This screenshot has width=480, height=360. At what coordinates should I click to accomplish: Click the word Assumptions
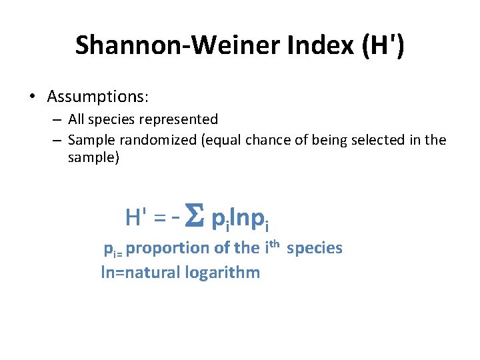pos(97,97)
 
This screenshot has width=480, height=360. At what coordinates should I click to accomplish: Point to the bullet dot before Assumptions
pos(32,97)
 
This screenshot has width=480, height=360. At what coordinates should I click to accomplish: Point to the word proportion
pos(167,249)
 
